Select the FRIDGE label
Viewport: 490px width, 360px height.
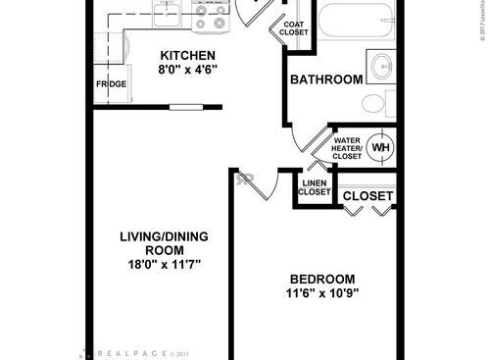[110, 84]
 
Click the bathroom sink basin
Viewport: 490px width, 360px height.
[379, 68]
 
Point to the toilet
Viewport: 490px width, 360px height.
[375, 104]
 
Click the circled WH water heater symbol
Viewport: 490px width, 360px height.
[380, 147]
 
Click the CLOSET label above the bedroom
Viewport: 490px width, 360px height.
[368, 196]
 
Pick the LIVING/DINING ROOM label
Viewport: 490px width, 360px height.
[164, 244]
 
